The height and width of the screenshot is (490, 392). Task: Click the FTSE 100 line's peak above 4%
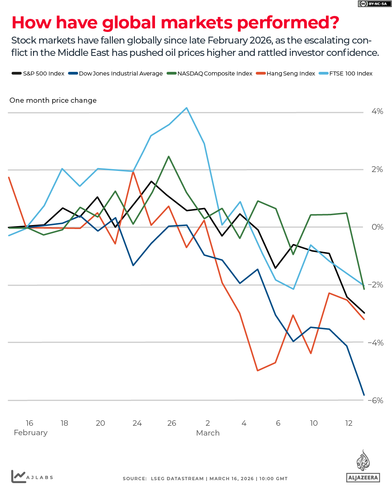187,108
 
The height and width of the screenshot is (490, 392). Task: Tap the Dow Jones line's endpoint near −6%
364,395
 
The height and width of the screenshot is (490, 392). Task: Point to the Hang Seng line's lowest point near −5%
257,371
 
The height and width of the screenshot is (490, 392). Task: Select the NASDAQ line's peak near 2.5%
169,156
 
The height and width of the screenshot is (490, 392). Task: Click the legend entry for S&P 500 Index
38,73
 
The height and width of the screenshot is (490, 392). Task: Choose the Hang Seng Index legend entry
286,73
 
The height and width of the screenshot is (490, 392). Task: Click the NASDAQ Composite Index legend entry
209,73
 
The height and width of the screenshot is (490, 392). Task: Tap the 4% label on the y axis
377,111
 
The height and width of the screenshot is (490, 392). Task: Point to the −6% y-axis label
376,400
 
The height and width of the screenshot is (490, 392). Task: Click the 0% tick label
377,227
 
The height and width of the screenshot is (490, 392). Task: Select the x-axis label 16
29,423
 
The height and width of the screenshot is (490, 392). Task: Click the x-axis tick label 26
172,423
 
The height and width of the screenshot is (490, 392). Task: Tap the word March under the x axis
208,433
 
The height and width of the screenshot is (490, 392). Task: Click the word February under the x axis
30,433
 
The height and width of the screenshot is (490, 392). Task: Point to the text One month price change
53,100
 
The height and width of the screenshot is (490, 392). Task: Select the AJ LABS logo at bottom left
32,477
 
